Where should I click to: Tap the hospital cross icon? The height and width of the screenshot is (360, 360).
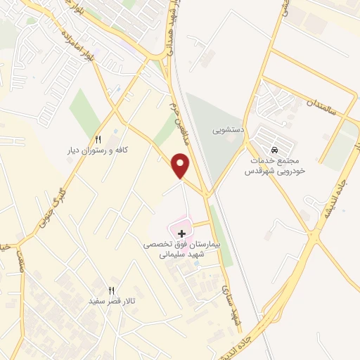click(x=182, y=232)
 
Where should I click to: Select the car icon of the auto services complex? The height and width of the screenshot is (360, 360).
click(x=274, y=150)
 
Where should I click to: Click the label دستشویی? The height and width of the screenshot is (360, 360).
click(x=230, y=130)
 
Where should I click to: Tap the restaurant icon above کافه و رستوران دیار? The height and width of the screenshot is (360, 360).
click(x=98, y=139)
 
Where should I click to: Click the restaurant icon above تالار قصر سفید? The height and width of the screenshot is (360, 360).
click(x=110, y=290)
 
